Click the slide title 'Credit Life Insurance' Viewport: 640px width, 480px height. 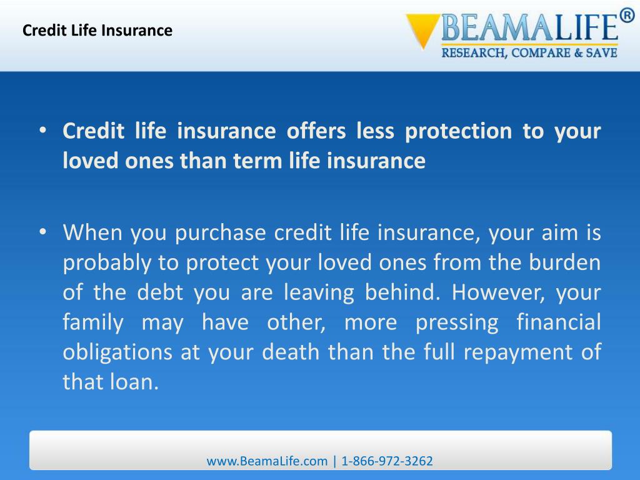pyautogui.click(x=97, y=30)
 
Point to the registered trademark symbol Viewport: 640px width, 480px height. pyautogui.click(x=627, y=16)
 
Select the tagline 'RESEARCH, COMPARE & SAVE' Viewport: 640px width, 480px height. pyautogui.click(x=530, y=54)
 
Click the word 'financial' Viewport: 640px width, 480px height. pyautogui.click(x=559, y=323)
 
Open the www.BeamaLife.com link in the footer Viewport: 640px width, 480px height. pyautogui.click(x=267, y=461)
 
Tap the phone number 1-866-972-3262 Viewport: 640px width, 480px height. pyautogui.click(x=387, y=461)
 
